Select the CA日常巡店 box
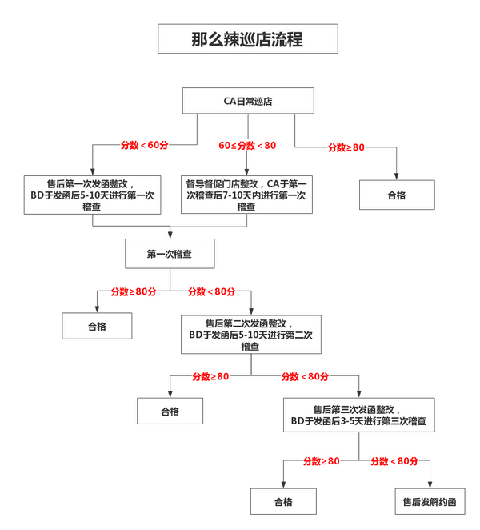tap(246, 101)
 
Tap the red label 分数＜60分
tap(144, 145)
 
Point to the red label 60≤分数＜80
tap(248, 145)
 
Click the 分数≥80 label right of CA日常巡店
tap(346, 147)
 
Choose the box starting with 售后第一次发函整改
tap(92, 193)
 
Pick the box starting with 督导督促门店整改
tap(246, 194)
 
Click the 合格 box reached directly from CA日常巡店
tap(397, 195)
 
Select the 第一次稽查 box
tap(169, 254)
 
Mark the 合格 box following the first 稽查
tap(98, 326)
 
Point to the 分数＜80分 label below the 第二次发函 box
tap(304, 376)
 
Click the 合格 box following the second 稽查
tap(170, 412)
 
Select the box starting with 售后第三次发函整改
tap(358, 413)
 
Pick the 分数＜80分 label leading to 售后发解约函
tap(394, 461)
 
